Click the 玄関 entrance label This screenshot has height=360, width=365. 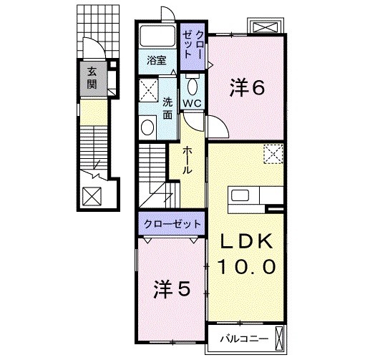coord(94,77)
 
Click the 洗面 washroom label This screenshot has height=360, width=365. coord(166,107)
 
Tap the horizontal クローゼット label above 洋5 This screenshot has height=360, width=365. coord(172,224)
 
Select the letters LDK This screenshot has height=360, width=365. coord(245,242)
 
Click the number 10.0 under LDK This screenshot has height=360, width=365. coord(245,267)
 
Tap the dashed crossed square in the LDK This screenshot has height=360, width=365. coord(273,152)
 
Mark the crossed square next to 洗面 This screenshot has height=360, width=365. coord(150,90)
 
